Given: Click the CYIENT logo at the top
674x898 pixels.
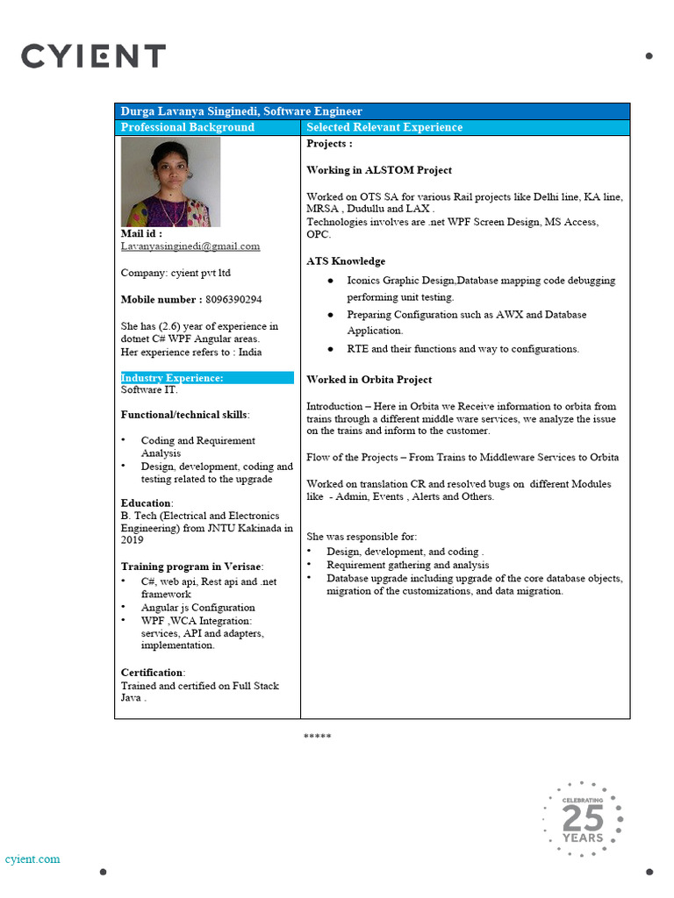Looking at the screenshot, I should tap(93, 57).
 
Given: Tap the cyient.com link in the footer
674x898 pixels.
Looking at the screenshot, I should tap(32, 859).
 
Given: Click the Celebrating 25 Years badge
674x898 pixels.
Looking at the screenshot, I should tap(583, 819).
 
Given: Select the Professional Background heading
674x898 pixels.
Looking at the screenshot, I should tap(187, 127).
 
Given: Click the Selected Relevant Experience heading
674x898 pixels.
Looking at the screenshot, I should tap(384, 127).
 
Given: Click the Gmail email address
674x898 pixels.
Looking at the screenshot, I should tap(190, 246).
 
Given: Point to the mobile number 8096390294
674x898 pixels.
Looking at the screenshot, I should tap(233, 299).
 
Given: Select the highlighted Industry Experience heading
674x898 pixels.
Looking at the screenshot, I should tap(172, 378).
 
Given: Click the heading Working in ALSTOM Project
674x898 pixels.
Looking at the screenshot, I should tap(378, 170).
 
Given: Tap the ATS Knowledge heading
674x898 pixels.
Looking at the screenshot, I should tap(345, 261).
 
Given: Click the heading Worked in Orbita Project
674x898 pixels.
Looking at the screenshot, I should tap(369, 380).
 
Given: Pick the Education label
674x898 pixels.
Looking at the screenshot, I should tap(147, 503).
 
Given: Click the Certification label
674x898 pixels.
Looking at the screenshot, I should tap(153, 673).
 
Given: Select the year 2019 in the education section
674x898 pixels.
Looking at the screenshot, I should tap(133, 540).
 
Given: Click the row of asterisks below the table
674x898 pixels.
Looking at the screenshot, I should tap(317, 736).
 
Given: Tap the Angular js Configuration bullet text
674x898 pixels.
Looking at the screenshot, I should tap(197, 607).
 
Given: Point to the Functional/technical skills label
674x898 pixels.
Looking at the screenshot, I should tap(184, 414).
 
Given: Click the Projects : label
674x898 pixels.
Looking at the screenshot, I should tap(329, 144).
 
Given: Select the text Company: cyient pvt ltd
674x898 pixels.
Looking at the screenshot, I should tap(175, 273).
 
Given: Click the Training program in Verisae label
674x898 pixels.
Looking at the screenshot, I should tap(191, 567).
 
